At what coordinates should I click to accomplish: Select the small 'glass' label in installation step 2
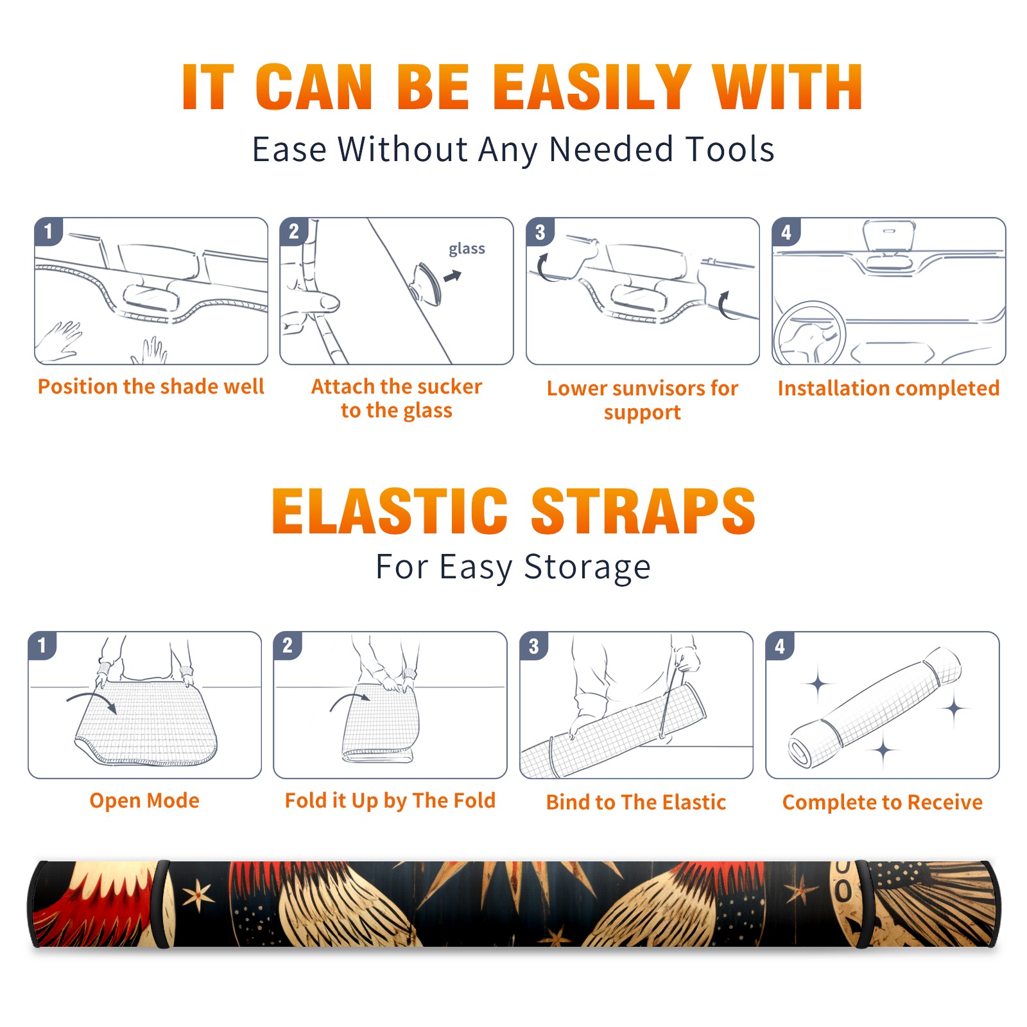point(467,249)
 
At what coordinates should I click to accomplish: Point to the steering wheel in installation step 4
point(809,334)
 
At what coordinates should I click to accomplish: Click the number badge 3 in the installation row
point(540,232)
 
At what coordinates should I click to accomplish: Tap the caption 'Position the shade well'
point(151,386)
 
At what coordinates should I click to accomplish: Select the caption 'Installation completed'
point(888,388)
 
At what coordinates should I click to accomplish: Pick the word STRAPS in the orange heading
point(643,511)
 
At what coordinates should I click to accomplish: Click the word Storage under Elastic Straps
point(587,567)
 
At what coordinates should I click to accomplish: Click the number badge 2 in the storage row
point(288,645)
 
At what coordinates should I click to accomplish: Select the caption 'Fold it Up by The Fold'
point(390,800)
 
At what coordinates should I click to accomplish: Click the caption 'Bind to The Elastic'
point(636,802)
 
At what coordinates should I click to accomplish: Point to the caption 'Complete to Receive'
point(883,802)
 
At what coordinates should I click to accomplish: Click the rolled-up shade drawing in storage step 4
point(875,707)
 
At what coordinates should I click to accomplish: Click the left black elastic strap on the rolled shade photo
point(164,904)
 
